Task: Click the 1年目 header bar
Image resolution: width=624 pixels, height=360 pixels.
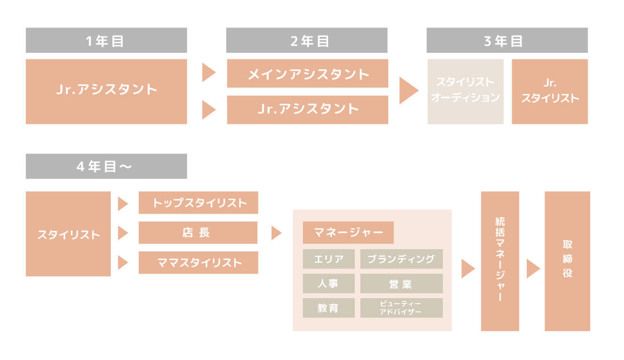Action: (x=106, y=40)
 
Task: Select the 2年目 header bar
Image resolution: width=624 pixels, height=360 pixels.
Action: (x=307, y=40)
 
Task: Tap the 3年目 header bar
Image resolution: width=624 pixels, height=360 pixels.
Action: (x=507, y=40)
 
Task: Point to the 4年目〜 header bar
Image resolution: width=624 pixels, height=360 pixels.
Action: (x=106, y=166)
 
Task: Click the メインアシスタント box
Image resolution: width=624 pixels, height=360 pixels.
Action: (x=307, y=73)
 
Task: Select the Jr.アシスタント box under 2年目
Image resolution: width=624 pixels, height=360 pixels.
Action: (x=307, y=110)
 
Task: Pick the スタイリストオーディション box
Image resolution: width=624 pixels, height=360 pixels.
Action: (x=465, y=91)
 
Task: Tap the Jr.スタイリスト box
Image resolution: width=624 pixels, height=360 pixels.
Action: (x=549, y=91)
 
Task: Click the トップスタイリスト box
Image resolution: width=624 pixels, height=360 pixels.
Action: (x=198, y=202)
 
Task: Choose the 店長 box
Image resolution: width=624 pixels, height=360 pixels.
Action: (x=198, y=232)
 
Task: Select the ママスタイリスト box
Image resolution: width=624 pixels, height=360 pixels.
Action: (x=198, y=262)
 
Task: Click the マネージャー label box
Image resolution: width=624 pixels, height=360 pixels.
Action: (x=348, y=232)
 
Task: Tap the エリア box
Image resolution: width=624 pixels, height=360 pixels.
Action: (x=329, y=259)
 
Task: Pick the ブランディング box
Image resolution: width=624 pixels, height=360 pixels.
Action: (x=401, y=259)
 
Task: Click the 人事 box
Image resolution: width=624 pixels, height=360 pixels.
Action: (x=329, y=283)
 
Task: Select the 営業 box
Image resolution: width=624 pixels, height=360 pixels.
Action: (x=401, y=283)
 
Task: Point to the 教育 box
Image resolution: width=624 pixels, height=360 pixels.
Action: (x=329, y=308)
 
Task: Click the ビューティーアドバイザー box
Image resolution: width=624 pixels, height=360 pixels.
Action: (x=401, y=308)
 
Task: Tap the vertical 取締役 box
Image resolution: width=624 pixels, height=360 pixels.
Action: (x=567, y=261)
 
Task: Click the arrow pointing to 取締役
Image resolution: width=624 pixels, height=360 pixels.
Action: (x=533, y=269)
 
